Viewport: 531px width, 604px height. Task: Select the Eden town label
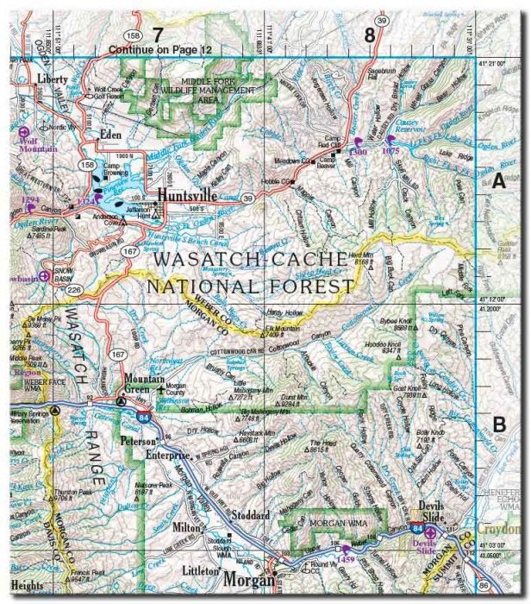click(110, 135)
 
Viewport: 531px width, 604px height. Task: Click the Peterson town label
click(142, 441)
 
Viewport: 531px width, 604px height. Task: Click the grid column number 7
click(157, 35)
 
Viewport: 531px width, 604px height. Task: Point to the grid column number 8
click(370, 35)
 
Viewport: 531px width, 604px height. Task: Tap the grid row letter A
click(498, 180)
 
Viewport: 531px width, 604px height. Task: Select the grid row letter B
click(498, 424)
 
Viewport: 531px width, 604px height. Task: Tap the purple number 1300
click(359, 151)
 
